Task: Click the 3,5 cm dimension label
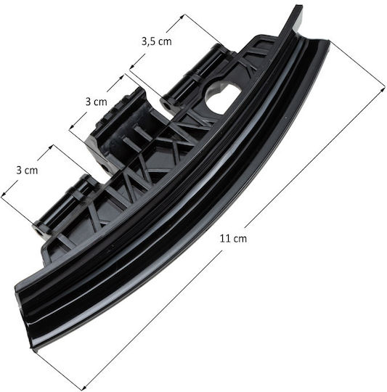[x=157, y=41]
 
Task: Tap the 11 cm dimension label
[x=233, y=239]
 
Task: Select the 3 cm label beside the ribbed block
[x=97, y=102]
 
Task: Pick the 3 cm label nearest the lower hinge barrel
[x=27, y=171]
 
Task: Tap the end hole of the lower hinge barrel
[x=39, y=232]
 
